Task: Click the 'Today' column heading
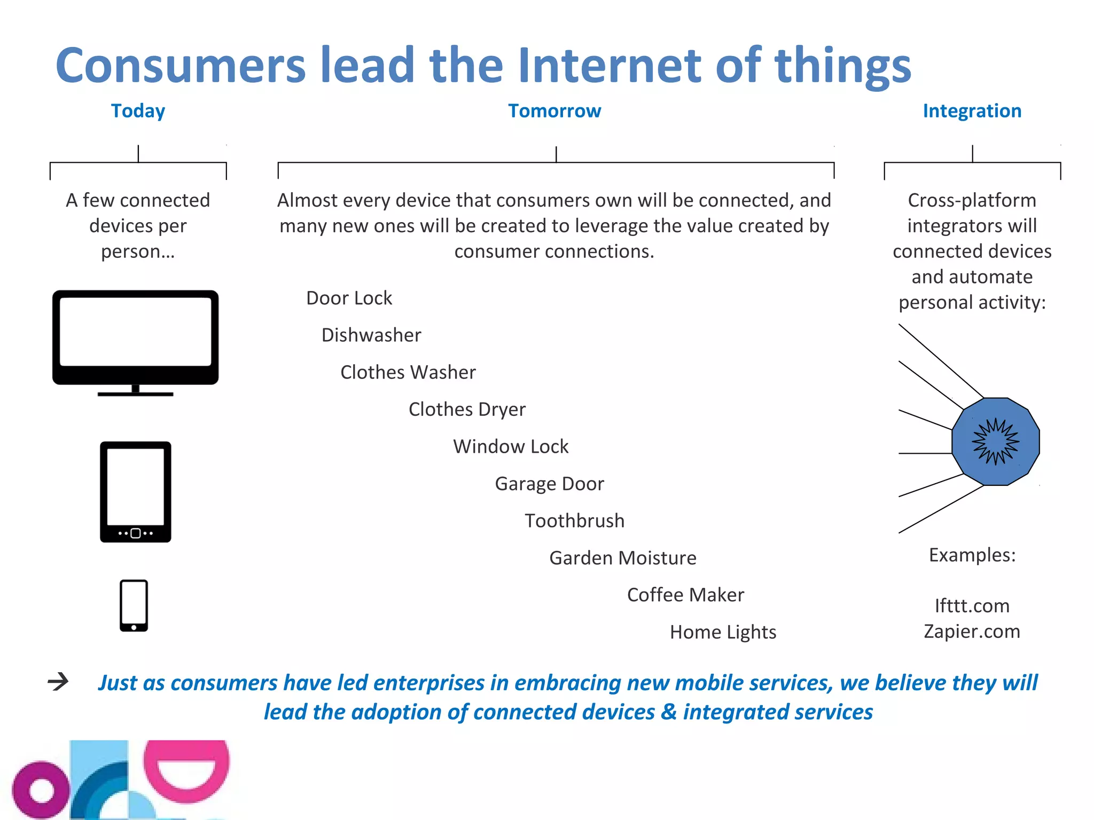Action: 138,111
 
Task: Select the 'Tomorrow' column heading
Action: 554,111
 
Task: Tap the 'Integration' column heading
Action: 972,111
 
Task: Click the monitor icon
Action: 136,342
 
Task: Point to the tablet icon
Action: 136,492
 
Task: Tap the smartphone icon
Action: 134,605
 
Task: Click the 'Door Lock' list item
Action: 349,298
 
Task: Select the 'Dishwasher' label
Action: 371,335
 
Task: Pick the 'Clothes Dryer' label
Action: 467,409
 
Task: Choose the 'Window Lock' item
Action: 511,446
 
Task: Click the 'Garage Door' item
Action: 549,484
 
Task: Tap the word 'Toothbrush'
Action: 574,521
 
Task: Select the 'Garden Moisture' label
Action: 623,558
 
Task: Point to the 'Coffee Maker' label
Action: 685,595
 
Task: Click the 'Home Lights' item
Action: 723,632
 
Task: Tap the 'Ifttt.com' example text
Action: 972,606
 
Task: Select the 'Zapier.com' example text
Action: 972,632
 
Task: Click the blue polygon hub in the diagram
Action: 995,441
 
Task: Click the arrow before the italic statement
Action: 58,681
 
